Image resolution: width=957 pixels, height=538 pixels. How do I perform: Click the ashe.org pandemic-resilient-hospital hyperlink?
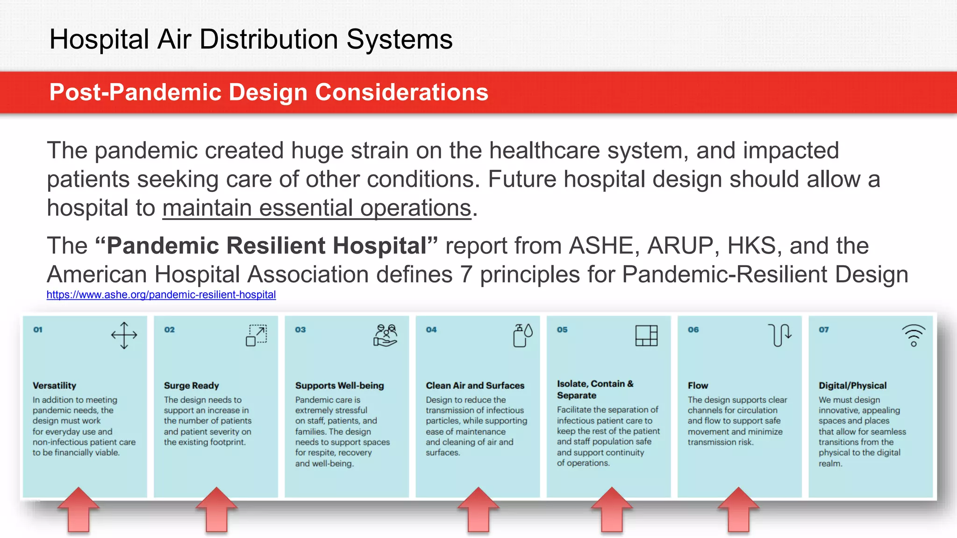[x=161, y=295]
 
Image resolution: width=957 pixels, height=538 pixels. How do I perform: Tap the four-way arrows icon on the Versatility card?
[x=124, y=335]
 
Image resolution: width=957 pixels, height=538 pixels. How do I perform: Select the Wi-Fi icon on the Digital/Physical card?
[x=913, y=335]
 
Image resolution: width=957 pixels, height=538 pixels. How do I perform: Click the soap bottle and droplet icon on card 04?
[x=522, y=335]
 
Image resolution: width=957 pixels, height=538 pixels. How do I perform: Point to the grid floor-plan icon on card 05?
[x=646, y=335]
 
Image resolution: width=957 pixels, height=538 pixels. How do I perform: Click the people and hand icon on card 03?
[x=386, y=335]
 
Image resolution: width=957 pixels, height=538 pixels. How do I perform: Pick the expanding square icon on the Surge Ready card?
[x=256, y=335]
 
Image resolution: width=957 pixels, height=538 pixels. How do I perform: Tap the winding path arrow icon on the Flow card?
[x=779, y=335]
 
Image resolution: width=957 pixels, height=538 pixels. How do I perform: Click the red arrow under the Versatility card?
[x=79, y=510]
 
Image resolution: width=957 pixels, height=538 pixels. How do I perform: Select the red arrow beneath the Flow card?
[x=738, y=510]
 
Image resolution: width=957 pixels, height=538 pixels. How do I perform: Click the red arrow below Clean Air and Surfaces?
[x=478, y=510]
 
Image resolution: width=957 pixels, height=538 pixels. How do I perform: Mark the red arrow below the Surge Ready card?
[x=216, y=510]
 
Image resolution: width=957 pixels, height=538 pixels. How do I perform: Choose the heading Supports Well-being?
[x=339, y=386]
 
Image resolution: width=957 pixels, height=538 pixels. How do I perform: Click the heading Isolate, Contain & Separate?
[x=595, y=389]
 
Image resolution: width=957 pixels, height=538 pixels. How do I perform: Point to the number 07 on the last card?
[x=823, y=330]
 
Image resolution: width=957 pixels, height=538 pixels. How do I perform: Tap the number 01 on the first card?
[x=38, y=330]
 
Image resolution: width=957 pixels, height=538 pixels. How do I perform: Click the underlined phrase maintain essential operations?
[x=316, y=208]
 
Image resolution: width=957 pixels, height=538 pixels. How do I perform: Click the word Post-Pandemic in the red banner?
[x=136, y=92]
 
